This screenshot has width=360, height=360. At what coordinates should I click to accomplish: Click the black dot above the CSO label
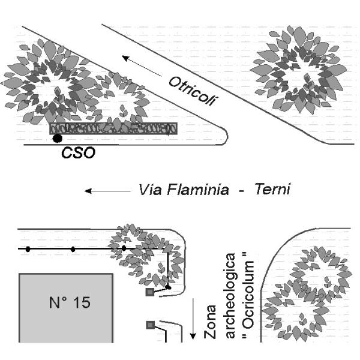57,138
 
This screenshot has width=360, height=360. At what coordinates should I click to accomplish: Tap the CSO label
78,152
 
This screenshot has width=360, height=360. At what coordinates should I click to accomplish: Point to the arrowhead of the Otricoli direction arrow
125,58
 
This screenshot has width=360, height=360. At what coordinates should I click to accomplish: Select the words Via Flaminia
184,190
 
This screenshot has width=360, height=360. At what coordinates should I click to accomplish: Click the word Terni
273,190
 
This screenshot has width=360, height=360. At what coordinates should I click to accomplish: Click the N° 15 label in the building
70,302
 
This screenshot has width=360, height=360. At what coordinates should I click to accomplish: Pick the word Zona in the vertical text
210,322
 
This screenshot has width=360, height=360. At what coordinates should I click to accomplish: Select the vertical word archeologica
230,296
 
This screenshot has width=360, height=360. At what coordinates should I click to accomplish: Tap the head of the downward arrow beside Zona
193,336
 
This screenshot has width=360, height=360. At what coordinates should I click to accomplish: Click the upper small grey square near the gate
150,292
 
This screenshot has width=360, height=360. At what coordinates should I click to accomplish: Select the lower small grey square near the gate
150,325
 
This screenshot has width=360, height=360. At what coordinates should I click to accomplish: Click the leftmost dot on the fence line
28,249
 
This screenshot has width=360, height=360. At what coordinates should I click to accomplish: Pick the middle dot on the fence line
73,249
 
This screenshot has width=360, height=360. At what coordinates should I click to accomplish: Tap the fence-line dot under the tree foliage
124,248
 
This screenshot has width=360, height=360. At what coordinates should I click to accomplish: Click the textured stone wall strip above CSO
113,128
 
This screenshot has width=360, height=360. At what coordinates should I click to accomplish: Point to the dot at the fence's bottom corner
169,287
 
